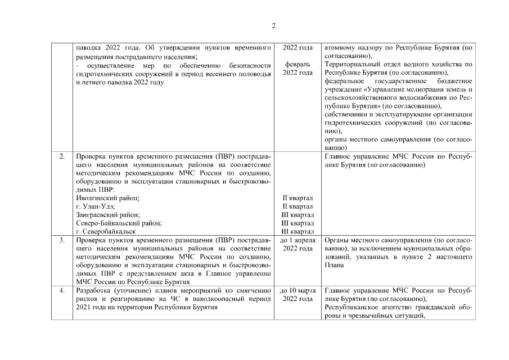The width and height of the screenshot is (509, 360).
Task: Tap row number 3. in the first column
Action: [61, 240]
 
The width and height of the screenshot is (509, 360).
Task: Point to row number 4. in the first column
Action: [61, 290]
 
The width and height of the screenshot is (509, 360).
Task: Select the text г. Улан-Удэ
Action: [95, 206]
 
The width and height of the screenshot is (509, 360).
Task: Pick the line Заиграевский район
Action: [107, 215]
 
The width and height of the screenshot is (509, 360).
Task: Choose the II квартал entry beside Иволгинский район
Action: [298, 198]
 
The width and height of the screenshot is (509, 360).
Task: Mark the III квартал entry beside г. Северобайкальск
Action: [298, 232]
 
